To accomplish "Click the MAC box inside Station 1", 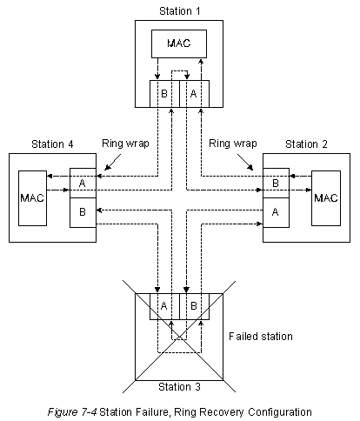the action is click(179, 43).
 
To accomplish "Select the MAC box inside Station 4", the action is click(32, 198).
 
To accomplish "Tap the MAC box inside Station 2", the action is click(326, 198).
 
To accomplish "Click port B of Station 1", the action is click(164, 94).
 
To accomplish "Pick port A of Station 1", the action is click(194, 94).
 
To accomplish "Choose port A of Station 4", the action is click(83, 183).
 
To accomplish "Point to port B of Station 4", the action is click(83, 212).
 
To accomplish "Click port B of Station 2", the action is click(276, 183).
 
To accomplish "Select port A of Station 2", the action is click(276, 212).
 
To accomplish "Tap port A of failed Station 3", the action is click(164, 306).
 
